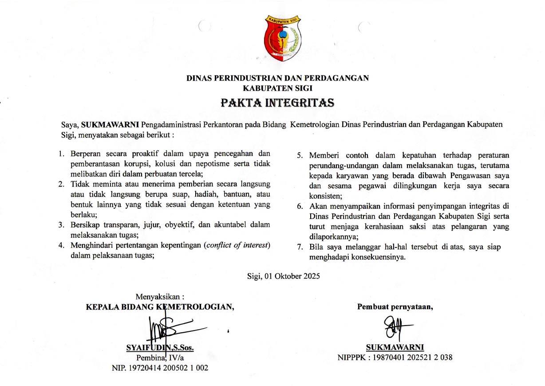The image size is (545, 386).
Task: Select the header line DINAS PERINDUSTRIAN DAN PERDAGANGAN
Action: (x=278, y=78)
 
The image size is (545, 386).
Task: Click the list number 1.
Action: (x=61, y=154)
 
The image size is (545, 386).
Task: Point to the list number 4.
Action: (x=61, y=246)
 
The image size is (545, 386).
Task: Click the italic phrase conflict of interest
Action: (x=237, y=246)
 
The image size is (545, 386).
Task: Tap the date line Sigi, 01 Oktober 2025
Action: (x=284, y=275)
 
